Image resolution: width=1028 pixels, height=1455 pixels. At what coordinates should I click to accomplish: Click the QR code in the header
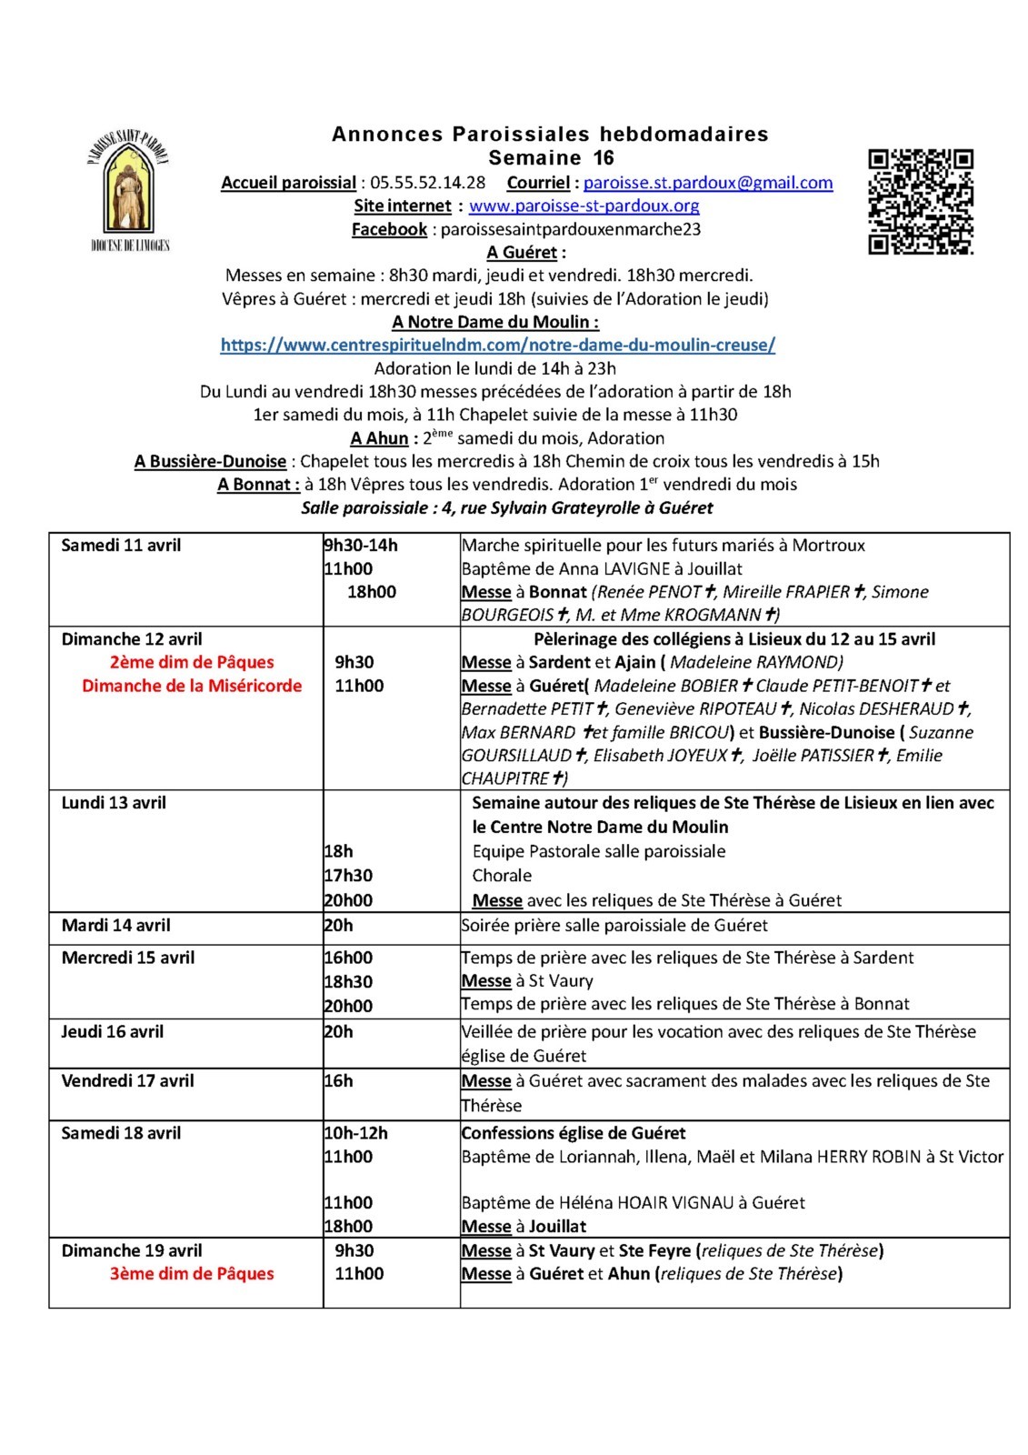click(921, 202)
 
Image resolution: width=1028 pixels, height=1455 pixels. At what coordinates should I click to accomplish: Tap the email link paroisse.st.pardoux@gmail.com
click(708, 183)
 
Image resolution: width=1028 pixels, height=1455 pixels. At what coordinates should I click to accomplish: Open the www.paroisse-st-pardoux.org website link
click(584, 206)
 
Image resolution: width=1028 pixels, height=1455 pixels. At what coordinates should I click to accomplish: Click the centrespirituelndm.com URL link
click(497, 345)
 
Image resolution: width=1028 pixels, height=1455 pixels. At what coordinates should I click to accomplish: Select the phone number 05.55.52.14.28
click(427, 183)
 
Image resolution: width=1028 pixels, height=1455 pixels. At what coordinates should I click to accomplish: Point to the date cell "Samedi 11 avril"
click(121, 546)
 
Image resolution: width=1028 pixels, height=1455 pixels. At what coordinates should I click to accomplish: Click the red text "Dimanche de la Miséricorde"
click(192, 686)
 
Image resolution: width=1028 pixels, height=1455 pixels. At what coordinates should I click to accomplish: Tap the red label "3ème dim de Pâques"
click(192, 1274)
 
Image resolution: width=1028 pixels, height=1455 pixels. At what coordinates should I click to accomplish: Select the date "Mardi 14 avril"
click(116, 926)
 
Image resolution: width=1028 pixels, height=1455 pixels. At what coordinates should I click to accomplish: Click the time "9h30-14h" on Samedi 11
click(361, 546)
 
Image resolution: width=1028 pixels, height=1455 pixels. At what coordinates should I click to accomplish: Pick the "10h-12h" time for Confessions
click(356, 1133)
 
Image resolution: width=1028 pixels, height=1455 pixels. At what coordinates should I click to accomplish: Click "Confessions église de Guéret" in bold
click(574, 1133)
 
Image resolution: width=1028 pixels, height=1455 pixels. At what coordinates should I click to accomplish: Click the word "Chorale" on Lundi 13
click(502, 876)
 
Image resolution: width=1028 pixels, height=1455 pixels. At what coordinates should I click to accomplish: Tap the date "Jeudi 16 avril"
click(113, 1032)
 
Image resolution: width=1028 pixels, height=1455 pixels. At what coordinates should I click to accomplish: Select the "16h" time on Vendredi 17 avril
click(338, 1081)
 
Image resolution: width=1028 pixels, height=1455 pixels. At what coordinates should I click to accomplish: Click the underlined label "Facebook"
click(389, 229)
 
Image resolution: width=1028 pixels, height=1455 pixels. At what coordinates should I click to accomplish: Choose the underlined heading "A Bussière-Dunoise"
click(210, 461)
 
